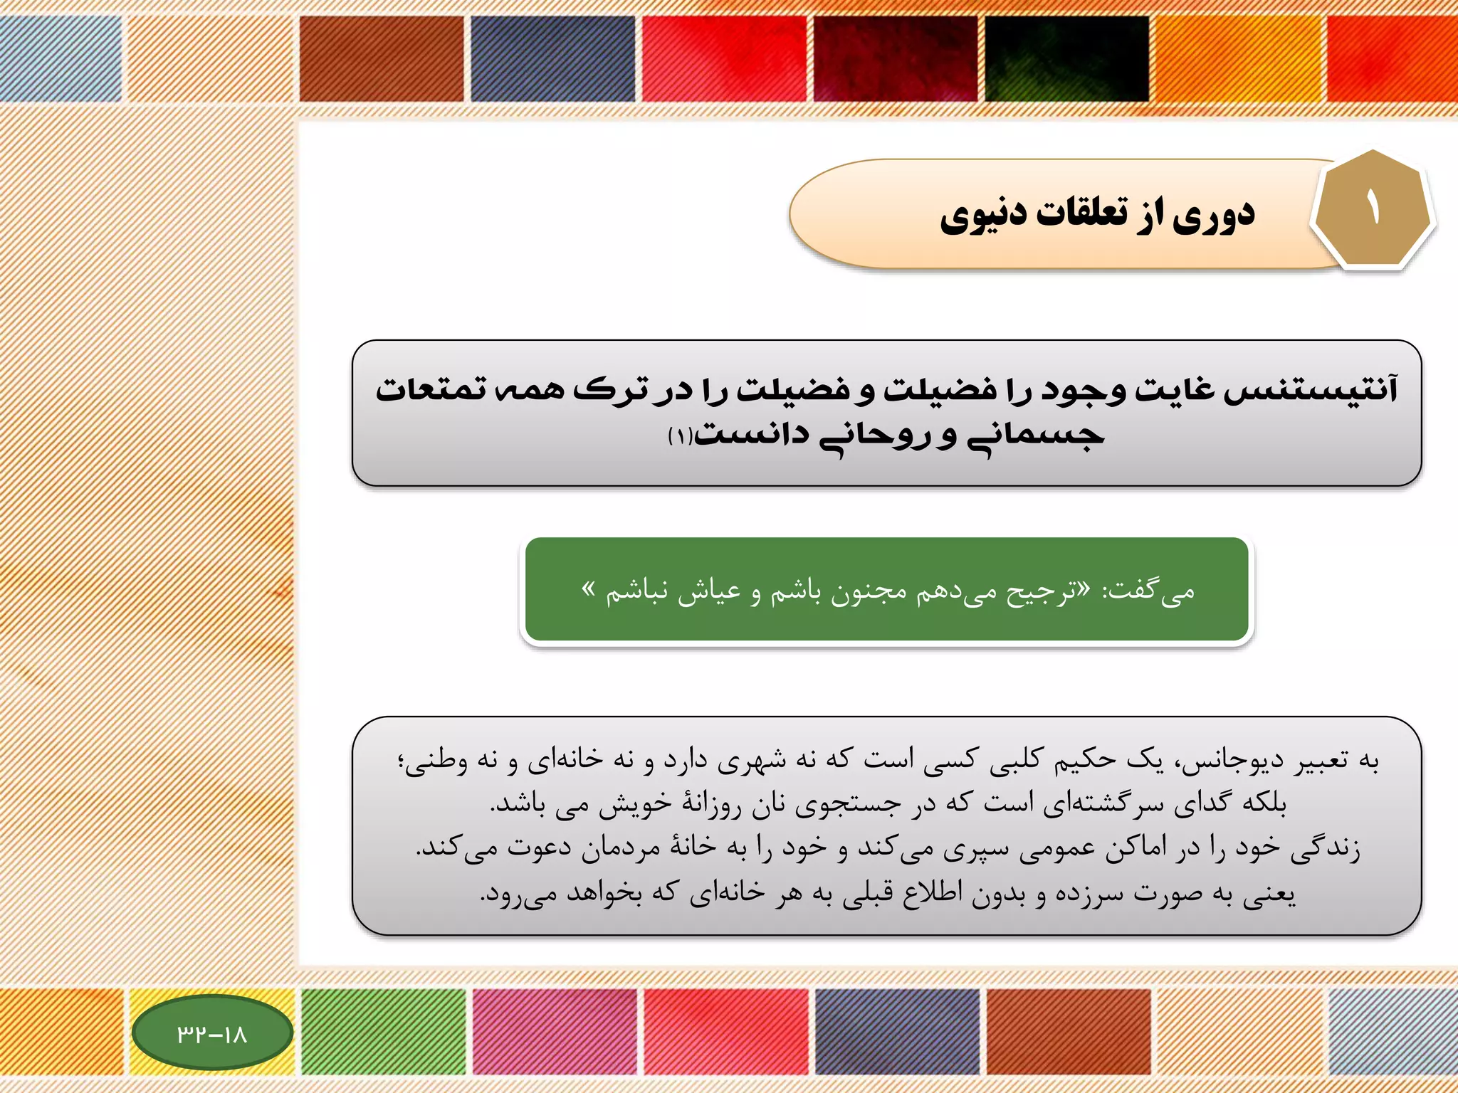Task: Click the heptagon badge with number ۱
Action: pos(1372,209)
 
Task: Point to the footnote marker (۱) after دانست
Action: pos(680,436)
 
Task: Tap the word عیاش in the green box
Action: pos(709,592)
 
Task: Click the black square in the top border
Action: pos(1066,58)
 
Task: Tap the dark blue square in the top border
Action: pos(552,58)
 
